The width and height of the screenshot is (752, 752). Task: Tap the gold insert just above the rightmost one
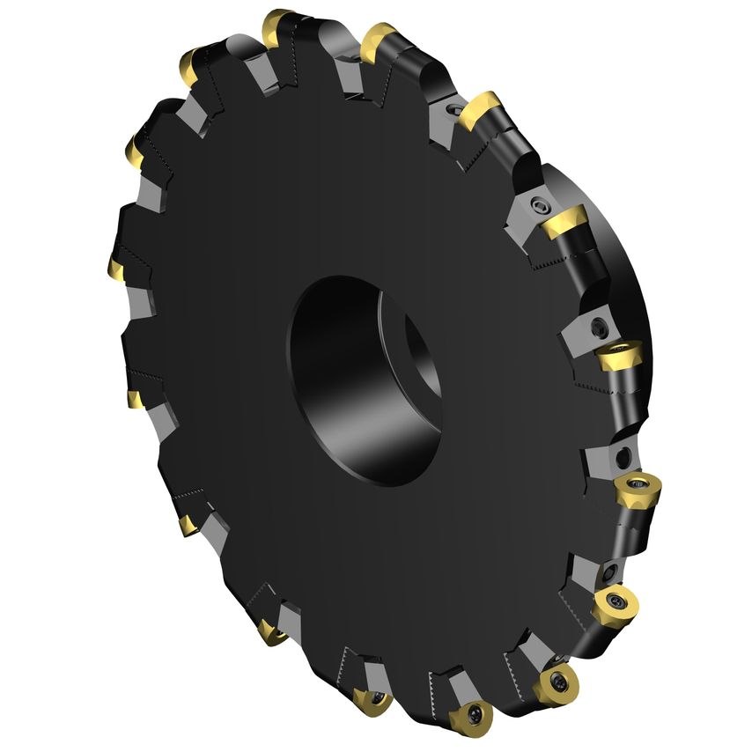(618, 357)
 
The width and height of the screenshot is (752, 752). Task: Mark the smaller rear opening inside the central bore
(421, 352)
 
